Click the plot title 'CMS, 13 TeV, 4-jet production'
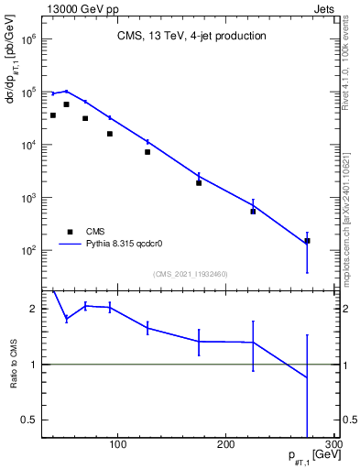pos(192,37)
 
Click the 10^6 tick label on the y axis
pos(27,40)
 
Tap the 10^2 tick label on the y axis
pos(27,250)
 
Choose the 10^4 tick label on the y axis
pos(27,145)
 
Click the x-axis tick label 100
pos(117,445)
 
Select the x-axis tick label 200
pos(225,445)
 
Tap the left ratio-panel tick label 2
pos(33,309)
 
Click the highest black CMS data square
pos(66,104)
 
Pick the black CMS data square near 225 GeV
pos(253,212)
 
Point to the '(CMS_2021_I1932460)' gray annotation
pos(191,274)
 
